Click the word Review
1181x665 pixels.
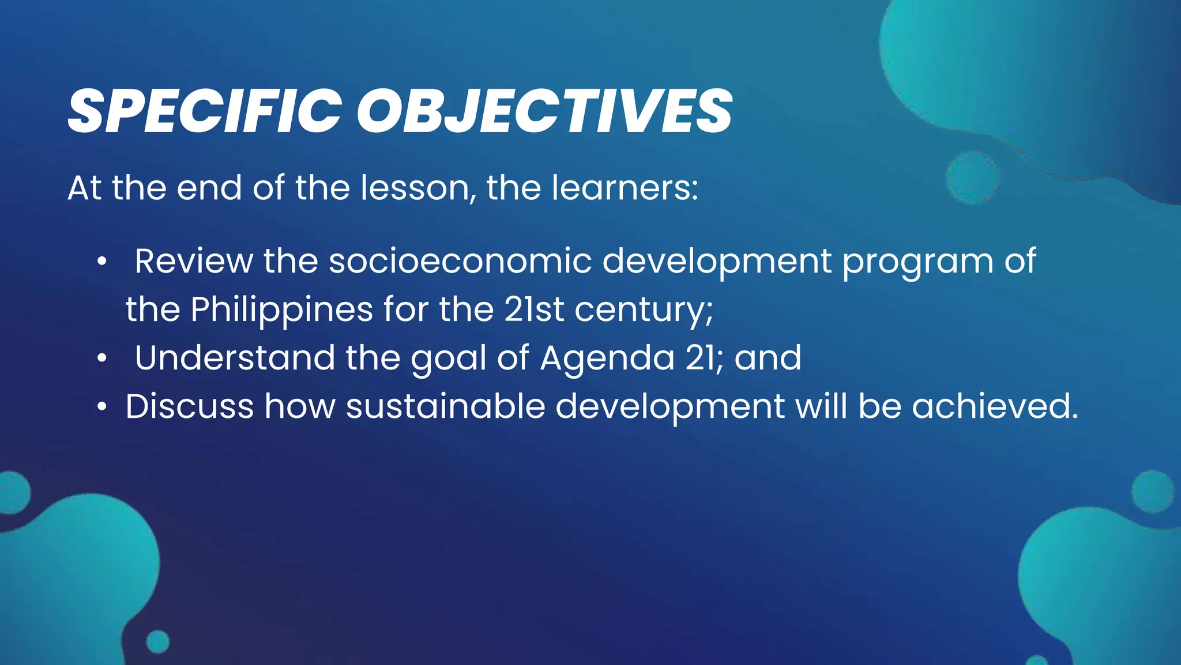193,261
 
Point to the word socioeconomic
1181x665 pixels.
460,261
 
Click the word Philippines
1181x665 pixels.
281,310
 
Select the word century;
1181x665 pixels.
644,311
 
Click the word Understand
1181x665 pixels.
235,357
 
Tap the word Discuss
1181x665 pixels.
189,406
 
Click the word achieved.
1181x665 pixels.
994,406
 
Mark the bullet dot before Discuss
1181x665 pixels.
102,407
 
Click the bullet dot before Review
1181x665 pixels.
102,262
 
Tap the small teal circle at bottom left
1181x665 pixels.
157,641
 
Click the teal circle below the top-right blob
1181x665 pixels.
972,178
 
